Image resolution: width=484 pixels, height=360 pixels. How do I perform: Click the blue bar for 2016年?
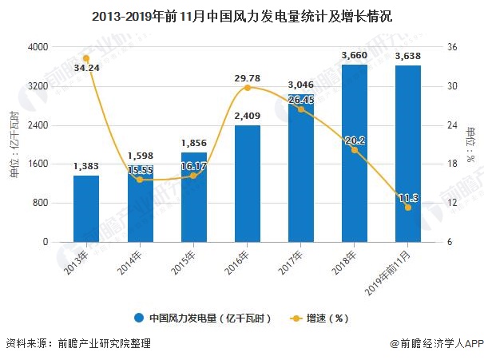pos(247,183)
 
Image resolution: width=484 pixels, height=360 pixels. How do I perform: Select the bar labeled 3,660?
pos(354,152)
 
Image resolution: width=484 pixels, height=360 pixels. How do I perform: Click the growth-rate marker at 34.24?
pos(86,58)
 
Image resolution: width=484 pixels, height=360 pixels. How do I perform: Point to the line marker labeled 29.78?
pos(247,87)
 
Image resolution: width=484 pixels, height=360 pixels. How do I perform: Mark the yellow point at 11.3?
pos(408,207)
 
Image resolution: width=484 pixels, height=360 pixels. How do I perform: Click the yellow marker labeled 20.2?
pos(354,149)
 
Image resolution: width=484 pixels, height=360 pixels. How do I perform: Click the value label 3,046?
pos(300,84)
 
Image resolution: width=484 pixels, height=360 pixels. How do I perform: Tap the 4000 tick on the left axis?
pos(37,48)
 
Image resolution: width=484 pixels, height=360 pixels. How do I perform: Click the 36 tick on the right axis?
pos(451,48)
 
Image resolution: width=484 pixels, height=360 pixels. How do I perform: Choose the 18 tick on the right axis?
pos(451,164)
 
